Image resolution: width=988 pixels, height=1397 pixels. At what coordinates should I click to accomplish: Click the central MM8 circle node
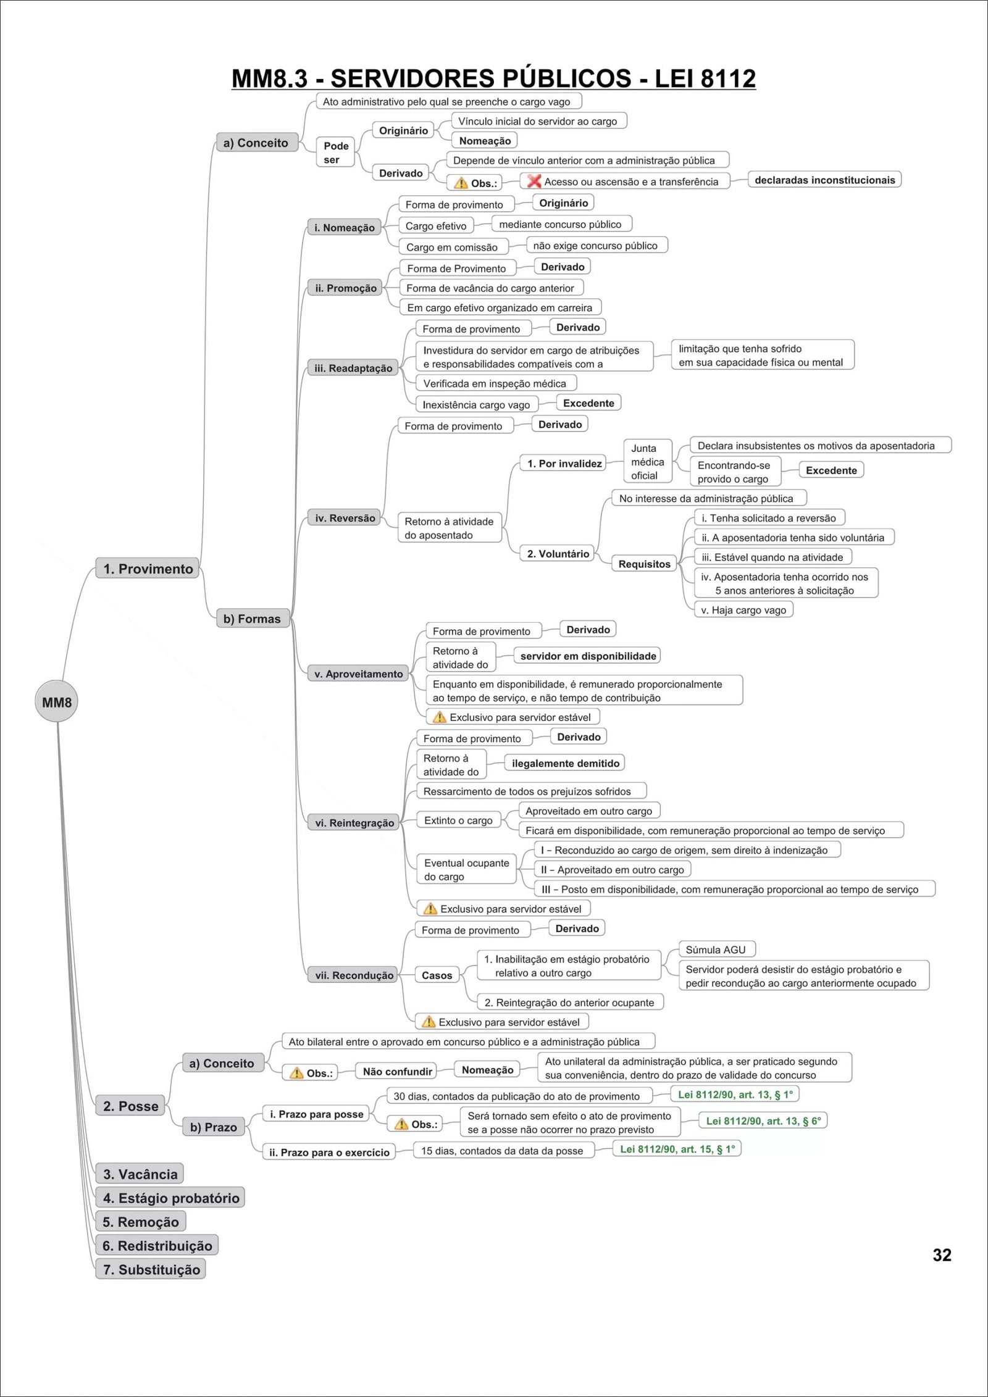coord(56,702)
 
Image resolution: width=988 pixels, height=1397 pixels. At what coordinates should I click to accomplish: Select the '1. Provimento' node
coord(148,569)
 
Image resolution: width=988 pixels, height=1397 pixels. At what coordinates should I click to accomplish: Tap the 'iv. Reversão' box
coord(345,518)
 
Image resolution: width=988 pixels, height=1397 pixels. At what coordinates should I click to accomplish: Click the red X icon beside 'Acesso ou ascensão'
coord(534,181)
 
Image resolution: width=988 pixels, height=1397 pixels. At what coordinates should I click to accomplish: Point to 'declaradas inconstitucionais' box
coord(824,180)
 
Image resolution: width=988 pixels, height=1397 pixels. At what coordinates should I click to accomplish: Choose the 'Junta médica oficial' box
coord(647,462)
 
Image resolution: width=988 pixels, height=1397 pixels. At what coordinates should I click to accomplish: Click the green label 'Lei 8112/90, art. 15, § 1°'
coord(677,1149)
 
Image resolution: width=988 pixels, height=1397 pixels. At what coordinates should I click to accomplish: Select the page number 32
coord(942,1255)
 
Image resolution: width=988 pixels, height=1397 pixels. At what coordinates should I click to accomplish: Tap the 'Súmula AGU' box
coord(716,949)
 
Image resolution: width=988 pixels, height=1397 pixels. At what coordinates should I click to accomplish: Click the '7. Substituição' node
coord(151,1269)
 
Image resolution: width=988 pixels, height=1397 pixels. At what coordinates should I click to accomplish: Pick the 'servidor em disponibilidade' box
coord(588,656)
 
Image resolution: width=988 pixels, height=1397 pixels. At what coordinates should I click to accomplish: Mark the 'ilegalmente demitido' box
coord(565,763)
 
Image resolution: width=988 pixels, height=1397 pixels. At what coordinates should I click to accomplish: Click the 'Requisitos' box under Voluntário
coord(644,564)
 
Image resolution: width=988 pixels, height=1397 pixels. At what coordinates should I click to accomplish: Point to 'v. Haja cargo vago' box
coord(743,610)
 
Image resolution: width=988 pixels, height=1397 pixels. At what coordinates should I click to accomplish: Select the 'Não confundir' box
coord(397,1071)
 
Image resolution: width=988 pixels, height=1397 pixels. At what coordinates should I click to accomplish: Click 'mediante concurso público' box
coord(560,224)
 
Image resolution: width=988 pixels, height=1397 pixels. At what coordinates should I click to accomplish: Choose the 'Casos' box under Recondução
coord(437,975)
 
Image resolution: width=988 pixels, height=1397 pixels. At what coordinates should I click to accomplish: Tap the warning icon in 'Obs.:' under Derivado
coord(461,183)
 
